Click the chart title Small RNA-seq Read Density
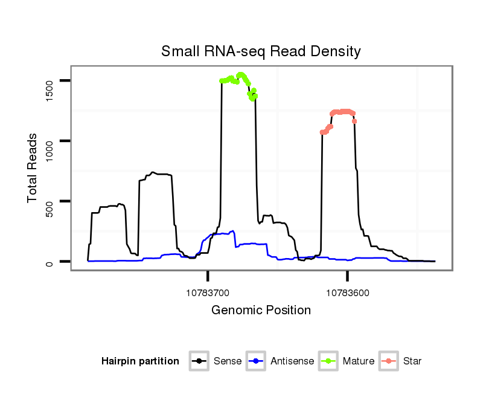(x=261, y=51)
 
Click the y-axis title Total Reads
(x=34, y=168)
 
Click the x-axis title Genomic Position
(x=261, y=311)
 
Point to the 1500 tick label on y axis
(x=50, y=81)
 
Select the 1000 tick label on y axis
(x=50, y=141)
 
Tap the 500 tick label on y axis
(x=50, y=201)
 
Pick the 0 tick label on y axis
(x=50, y=262)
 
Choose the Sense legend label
(x=228, y=361)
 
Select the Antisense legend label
(x=292, y=361)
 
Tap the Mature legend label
(x=358, y=361)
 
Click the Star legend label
(x=412, y=361)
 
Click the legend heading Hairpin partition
(x=140, y=361)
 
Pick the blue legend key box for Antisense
(x=257, y=361)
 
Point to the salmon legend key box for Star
(x=389, y=361)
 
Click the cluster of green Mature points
(x=239, y=82)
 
